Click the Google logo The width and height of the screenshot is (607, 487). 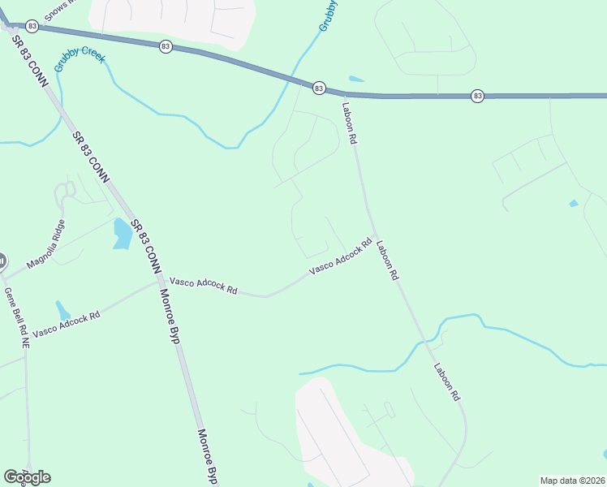pos(27,476)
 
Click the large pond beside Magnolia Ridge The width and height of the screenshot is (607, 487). pos(123,234)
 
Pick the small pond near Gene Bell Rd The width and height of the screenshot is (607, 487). pos(62,310)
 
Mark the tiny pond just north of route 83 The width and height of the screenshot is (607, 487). pos(355,79)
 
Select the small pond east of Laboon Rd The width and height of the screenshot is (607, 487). pos(574,203)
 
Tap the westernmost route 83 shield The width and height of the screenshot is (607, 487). pos(32,26)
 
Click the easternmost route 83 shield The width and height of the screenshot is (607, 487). pos(477,96)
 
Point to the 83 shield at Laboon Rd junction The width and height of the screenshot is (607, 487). pos(318,87)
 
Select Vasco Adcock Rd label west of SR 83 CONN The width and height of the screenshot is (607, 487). pos(67,324)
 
